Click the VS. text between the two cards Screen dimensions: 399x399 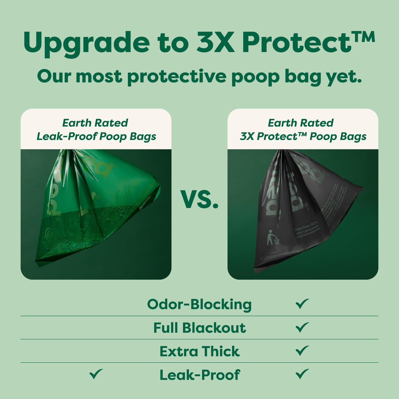(x=199, y=199)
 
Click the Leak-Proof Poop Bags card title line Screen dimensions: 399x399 (x=96, y=136)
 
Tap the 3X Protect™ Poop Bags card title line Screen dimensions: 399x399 (x=303, y=136)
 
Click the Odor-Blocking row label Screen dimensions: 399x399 (x=199, y=304)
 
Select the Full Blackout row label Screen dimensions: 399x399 (x=199, y=328)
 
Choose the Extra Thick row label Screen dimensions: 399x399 (x=199, y=351)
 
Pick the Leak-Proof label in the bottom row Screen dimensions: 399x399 (x=200, y=375)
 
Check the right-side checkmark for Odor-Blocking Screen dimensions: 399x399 (x=302, y=304)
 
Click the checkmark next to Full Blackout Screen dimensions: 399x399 (x=302, y=327)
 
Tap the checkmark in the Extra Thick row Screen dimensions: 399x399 (x=302, y=351)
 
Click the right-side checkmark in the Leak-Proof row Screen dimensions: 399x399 (x=302, y=374)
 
